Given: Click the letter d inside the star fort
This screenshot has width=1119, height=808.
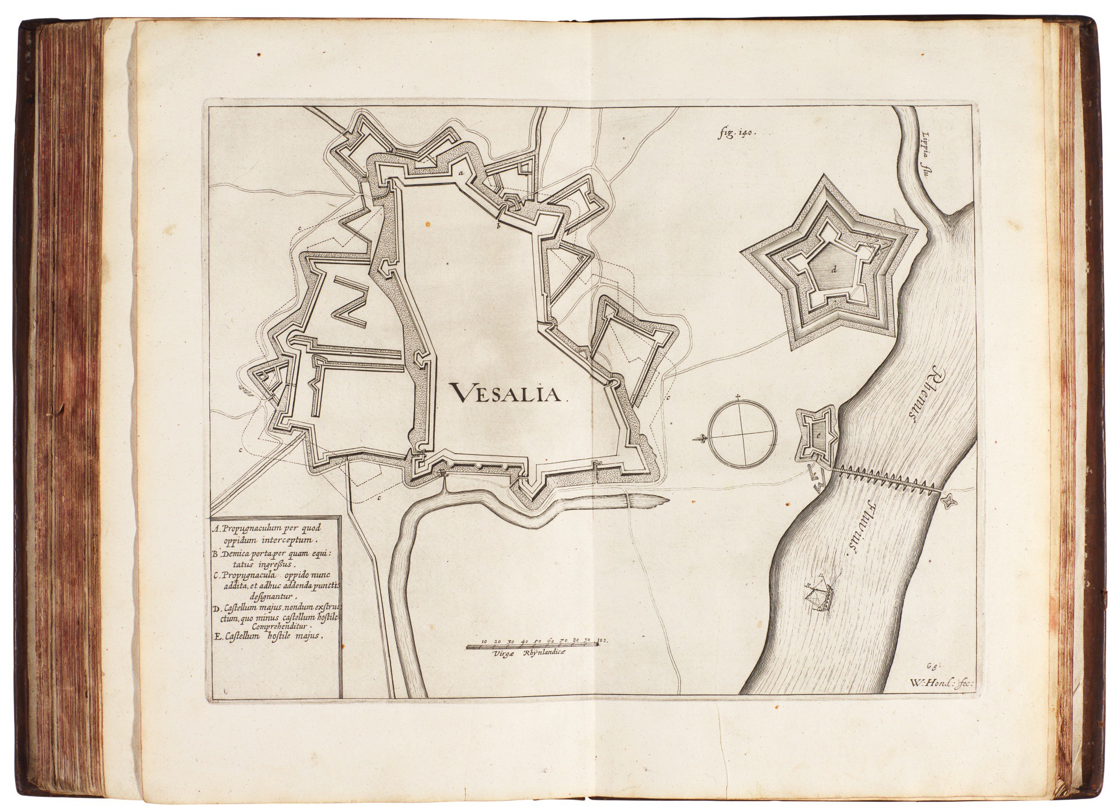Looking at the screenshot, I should (x=834, y=270).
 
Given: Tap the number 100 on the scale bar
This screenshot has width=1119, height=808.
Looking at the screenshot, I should (x=602, y=639).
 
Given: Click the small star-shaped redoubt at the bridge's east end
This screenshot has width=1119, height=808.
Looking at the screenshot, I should (x=949, y=501).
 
